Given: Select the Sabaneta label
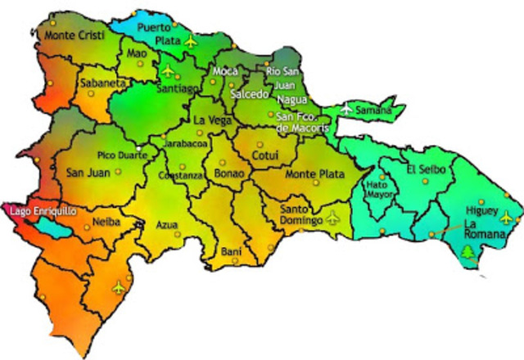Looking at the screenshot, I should coord(102,83).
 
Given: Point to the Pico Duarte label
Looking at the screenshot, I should coord(123,154).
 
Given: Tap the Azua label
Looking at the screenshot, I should coord(166,223).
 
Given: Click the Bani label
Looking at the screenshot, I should coord(231,251).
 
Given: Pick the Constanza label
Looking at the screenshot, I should coord(180,176).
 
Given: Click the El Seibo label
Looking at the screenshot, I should coord(423,169).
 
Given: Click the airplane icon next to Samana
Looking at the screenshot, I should coord(346,108).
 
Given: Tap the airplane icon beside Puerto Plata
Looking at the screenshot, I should coord(192,40).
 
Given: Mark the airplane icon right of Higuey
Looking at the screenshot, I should coord(507,217).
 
